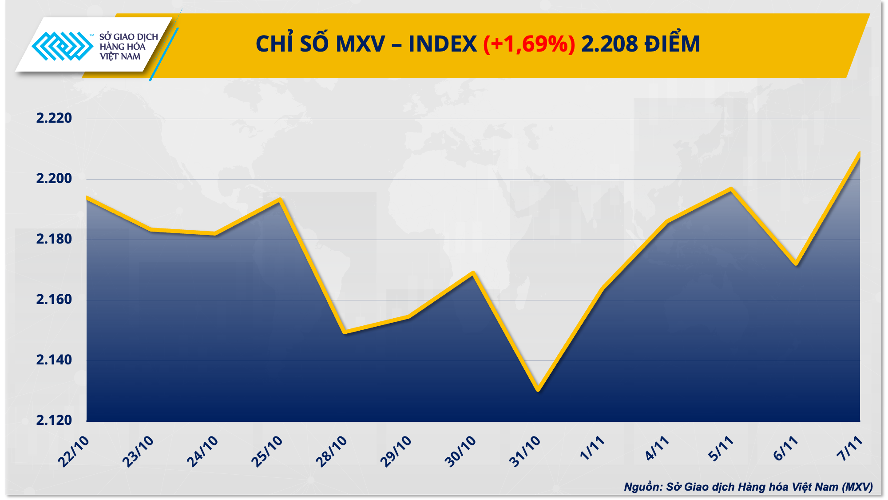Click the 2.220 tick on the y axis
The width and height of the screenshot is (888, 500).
pos(54,118)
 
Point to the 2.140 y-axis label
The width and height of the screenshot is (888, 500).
pos(54,360)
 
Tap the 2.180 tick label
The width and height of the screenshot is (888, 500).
pos(54,239)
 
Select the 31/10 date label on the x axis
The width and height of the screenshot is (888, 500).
pos(525,451)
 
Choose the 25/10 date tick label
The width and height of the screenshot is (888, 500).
pos(267,451)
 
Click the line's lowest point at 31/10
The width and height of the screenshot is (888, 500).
pos(538,390)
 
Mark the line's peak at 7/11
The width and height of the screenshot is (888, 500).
pos(860,153)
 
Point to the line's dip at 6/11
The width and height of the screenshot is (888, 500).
pos(796,264)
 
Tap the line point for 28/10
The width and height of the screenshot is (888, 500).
pos(345,332)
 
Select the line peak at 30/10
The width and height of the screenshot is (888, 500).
pos(473,272)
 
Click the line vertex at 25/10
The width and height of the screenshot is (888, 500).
pos(280,199)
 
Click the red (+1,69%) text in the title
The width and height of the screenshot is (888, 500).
pos(529,44)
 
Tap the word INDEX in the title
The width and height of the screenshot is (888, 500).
pos(442,44)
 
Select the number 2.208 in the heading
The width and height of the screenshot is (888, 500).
pos(609,44)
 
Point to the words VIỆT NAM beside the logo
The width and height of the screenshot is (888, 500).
pos(120,56)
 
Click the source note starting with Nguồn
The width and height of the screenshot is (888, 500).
pos(748,487)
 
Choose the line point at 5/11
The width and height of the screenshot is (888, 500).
pos(731,189)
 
